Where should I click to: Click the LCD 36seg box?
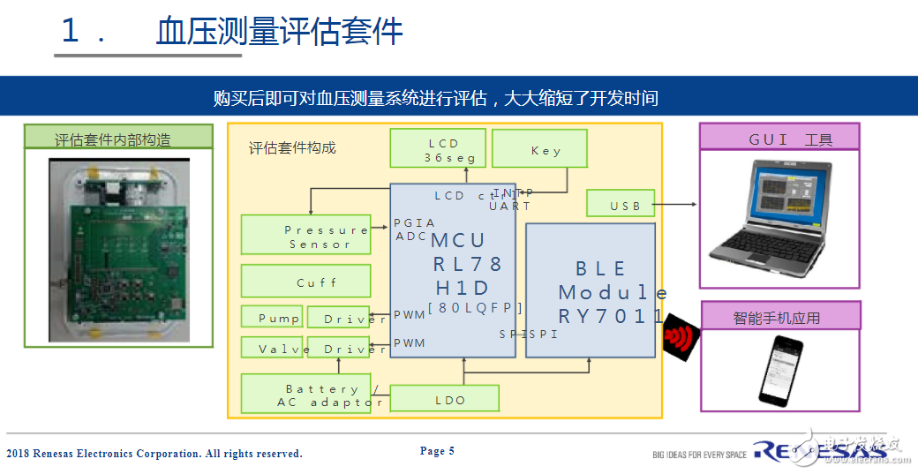pos(438,148)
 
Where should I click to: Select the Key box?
pos(539,148)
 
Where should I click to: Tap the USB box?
pos(621,203)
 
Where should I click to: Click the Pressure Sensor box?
pos(305,234)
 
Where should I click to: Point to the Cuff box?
pos(305,282)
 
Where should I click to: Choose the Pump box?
pos(272,316)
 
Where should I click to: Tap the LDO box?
pos(444,398)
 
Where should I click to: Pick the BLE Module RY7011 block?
pos(591,290)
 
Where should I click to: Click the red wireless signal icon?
pos(680,336)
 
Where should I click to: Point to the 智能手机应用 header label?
pos(780,315)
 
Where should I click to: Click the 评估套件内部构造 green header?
pos(117,137)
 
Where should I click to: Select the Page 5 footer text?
pos(437,451)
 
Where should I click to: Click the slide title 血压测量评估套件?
pos(279,31)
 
